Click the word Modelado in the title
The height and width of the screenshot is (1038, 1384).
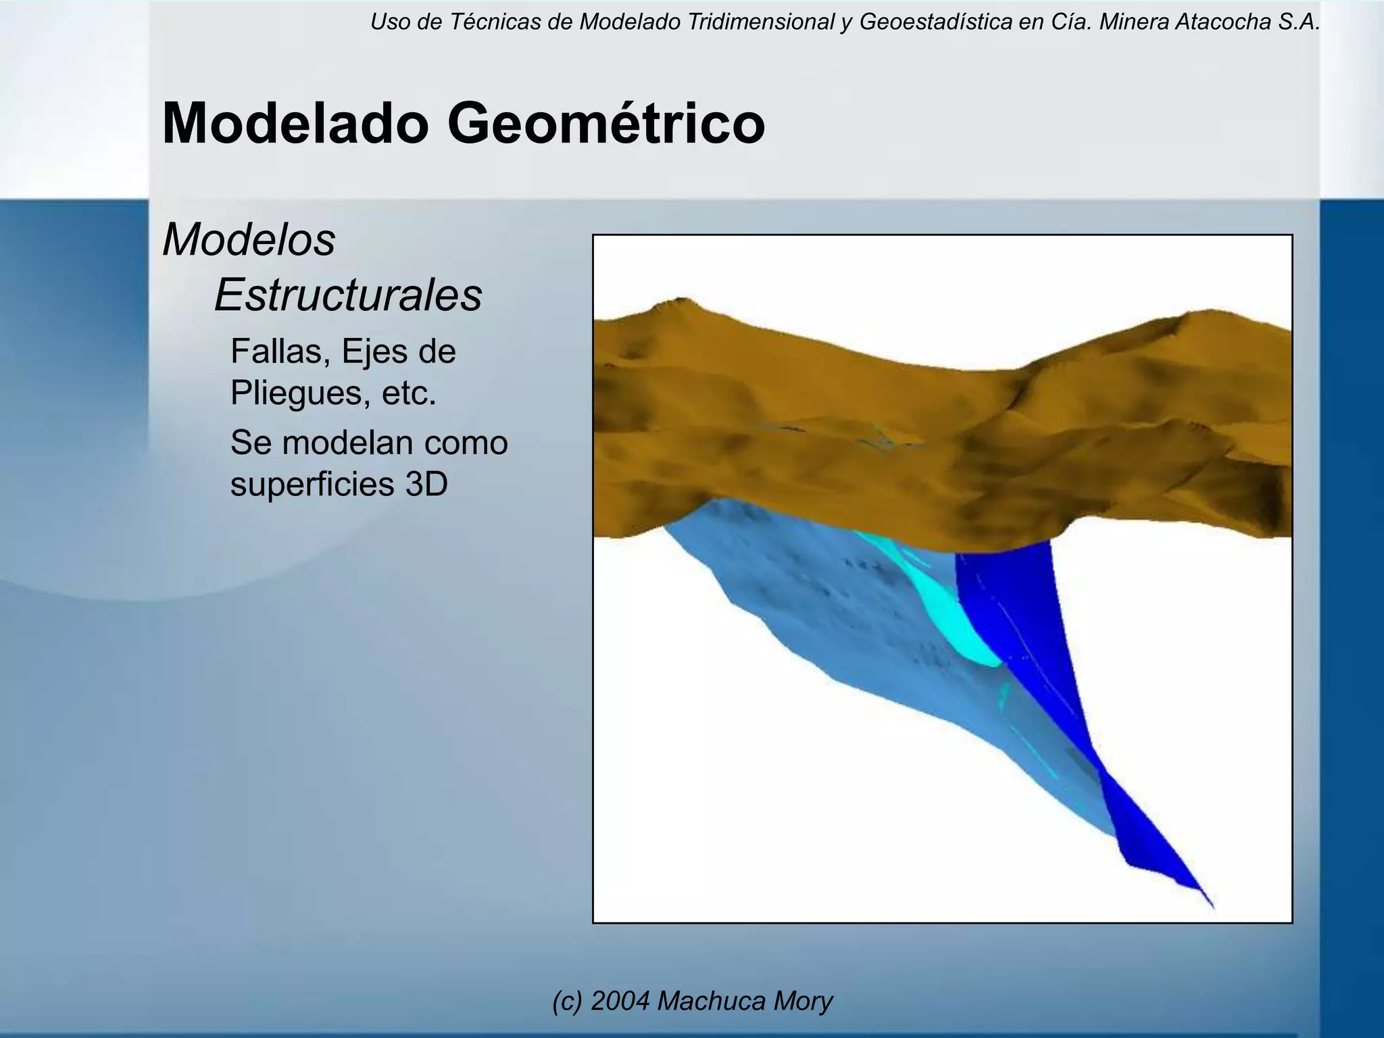(296, 124)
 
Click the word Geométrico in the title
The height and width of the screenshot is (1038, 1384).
(605, 124)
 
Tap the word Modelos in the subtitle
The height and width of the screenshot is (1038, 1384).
(249, 240)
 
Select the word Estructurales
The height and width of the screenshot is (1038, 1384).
(348, 295)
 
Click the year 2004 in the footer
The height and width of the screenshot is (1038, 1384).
(620, 1001)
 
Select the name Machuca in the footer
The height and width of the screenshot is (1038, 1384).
(710, 1001)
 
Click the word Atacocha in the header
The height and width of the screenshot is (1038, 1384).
(1214, 22)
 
